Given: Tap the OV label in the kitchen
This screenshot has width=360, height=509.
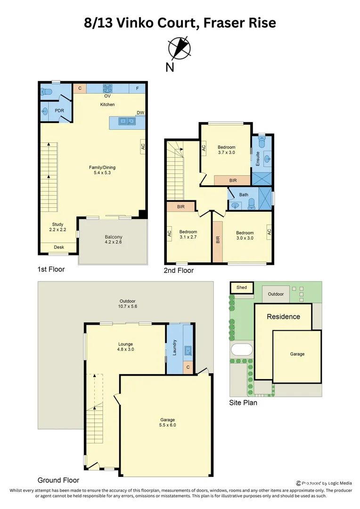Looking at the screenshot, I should pyautogui.click(x=107, y=96).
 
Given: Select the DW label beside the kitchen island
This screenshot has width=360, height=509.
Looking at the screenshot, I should pyautogui.click(x=140, y=113).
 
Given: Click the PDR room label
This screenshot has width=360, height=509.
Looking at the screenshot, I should pyautogui.click(x=60, y=111).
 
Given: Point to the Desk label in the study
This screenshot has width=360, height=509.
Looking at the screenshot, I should pyautogui.click(x=58, y=247).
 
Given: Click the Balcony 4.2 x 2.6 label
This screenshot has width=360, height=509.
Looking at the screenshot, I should pyautogui.click(x=113, y=240).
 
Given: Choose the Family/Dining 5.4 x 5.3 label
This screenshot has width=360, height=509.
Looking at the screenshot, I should pyautogui.click(x=102, y=170).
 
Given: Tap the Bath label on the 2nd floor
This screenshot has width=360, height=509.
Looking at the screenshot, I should pyautogui.click(x=244, y=195).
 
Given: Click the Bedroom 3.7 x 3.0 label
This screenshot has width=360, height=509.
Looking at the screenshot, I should pyautogui.click(x=226, y=150).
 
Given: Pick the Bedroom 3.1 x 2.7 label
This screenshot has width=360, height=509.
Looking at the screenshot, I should pyautogui.click(x=188, y=235).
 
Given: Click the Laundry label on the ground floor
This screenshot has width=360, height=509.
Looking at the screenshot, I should pyautogui.click(x=174, y=347).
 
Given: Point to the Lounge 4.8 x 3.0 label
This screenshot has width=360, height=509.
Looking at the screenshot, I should pyautogui.click(x=125, y=347).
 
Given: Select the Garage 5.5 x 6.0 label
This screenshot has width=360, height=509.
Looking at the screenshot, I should pyautogui.click(x=167, y=422).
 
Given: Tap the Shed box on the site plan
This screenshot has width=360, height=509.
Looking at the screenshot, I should pyautogui.click(x=242, y=287).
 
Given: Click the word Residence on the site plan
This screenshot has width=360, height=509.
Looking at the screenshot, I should pyautogui.click(x=283, y=317).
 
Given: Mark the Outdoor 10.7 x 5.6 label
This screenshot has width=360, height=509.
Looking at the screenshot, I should pyautogui.click(x=127, y=304).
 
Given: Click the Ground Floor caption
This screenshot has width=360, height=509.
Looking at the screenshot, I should pyautogui.click(x=58, y=480).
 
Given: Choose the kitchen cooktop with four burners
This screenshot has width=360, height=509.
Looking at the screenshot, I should pyautogui.click(x=107, y=88).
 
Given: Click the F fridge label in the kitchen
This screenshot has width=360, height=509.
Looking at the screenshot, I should pyautogui.click(x=137, y=88).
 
